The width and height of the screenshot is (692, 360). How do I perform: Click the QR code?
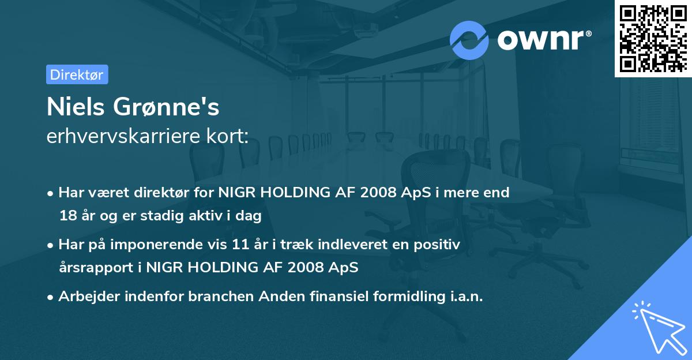653,39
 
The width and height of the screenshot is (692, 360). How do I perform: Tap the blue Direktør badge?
77,74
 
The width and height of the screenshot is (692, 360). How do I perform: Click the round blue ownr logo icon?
469,40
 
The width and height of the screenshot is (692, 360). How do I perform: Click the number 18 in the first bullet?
67,216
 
